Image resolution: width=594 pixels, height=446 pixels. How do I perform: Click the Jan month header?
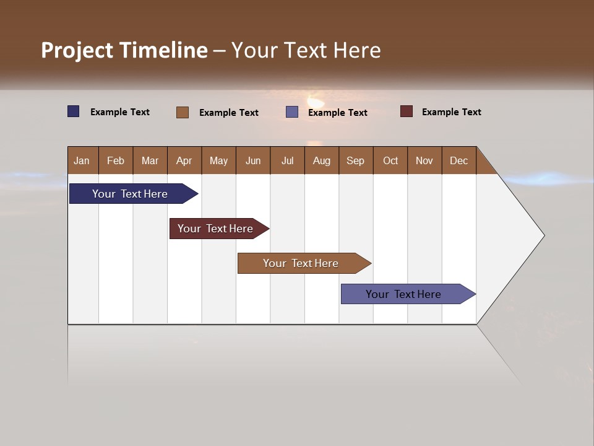point(82,160)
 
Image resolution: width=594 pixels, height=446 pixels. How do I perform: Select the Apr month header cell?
point(184,160)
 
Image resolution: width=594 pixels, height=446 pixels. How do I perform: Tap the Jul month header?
point(287,160)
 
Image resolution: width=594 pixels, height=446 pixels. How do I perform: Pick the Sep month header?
point(356,160)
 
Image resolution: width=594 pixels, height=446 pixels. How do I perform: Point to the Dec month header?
point(458,160)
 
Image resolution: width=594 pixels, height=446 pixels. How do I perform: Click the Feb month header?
point(116,160)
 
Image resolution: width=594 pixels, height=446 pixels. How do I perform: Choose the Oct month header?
point(390,160)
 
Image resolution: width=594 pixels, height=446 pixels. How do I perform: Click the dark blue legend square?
point(74,111)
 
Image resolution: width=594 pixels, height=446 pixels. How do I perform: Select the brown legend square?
point(183,112)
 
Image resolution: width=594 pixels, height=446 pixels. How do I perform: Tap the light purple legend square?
point(292,112)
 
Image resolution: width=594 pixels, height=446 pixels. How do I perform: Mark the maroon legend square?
point(407,111)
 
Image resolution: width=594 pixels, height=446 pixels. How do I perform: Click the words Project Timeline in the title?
point(124,50)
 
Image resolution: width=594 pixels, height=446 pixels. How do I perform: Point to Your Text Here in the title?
point(306,50)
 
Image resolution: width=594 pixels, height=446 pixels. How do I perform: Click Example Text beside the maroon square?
point(451,112)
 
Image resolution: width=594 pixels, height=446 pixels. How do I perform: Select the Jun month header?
point(253,160)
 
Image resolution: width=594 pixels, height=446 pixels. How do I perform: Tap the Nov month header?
point(424,160)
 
